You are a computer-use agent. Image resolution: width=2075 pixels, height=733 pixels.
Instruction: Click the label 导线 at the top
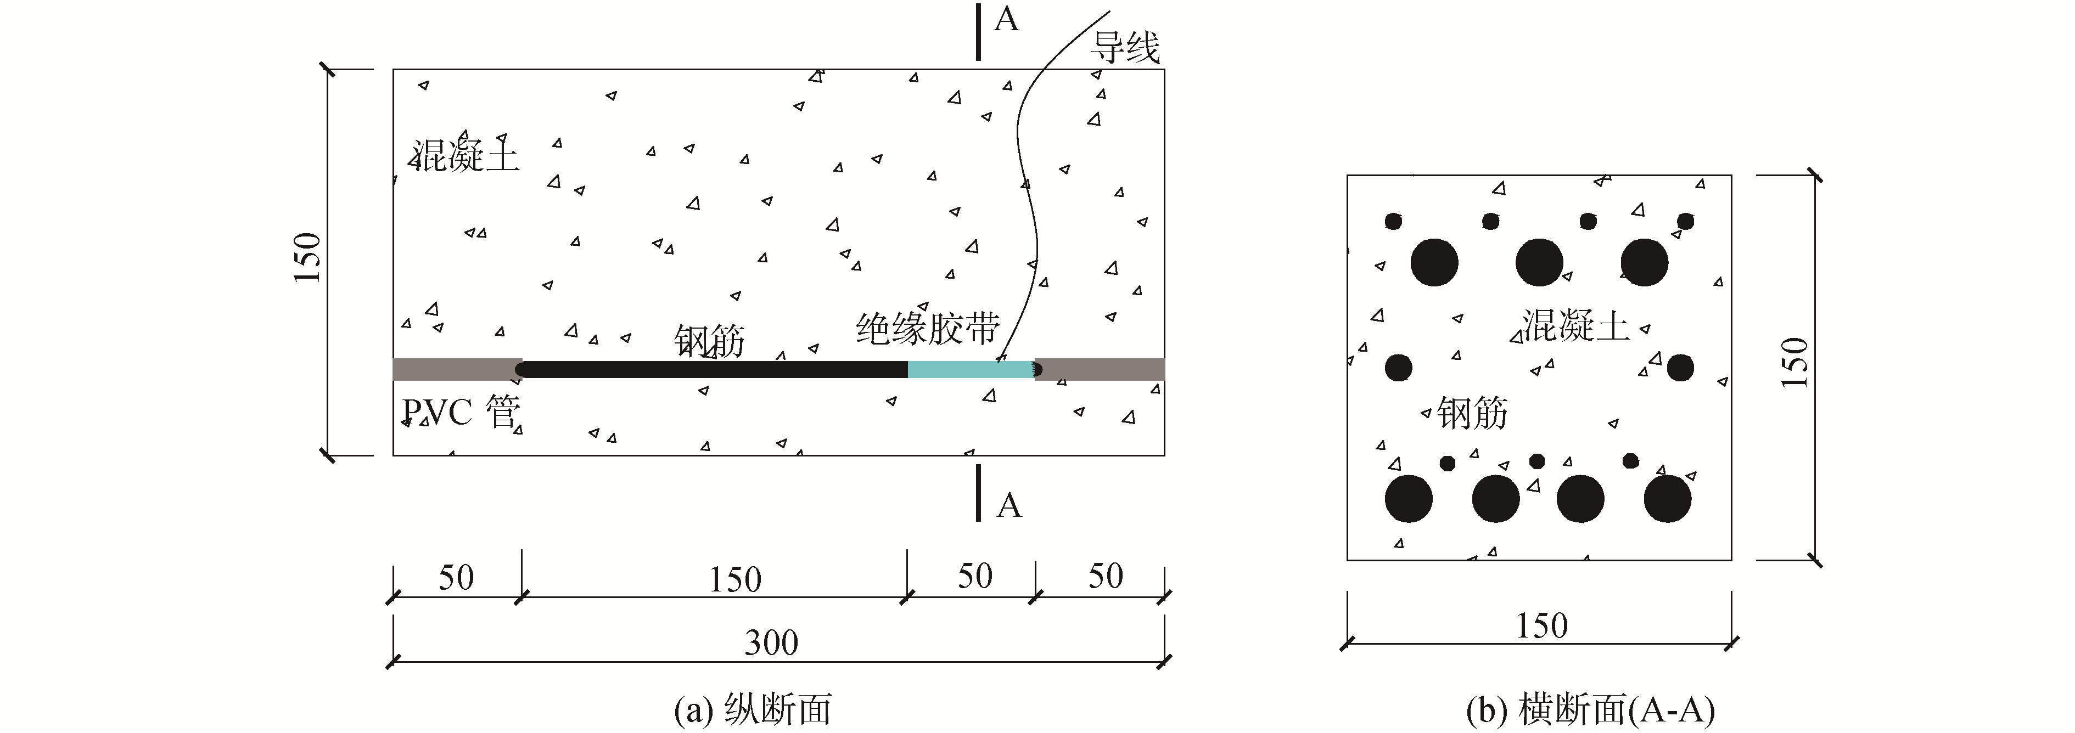pyautogui.click(x=1125, y=48)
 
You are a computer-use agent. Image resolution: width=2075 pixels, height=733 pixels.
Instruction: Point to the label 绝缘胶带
pyautogui.click(x=927, y=329)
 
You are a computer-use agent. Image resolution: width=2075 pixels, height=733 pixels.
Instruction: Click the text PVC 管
pyautogui.click(x=461, y=413)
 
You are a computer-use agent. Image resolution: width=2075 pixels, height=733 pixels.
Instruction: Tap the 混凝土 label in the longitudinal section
pyautogui.click(x=466, y=155)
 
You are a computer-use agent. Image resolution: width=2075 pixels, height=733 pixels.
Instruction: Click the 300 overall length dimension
pyautogui.click(x=771, y=642)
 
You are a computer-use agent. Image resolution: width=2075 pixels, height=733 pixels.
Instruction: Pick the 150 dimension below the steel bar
pyautogui.click(x=734, y=579)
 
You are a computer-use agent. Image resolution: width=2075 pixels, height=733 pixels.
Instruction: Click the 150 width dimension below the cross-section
pyautogui.click(x=1542, y=625)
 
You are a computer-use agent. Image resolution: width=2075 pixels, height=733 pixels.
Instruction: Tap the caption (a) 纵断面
pyautogui.click(x=753, y=709)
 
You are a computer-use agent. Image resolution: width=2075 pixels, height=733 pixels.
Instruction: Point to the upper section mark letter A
pyautogui.click(x=1006, y=19)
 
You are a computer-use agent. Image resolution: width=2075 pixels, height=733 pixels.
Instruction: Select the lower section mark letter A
pyautogui.click(x=1008, y=506)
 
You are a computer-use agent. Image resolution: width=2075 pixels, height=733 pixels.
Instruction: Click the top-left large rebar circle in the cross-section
pyautogui.click(x=1434, y=262)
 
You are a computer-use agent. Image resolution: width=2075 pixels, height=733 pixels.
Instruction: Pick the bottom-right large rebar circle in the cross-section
pyautogui.click(x=1667, y=499)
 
